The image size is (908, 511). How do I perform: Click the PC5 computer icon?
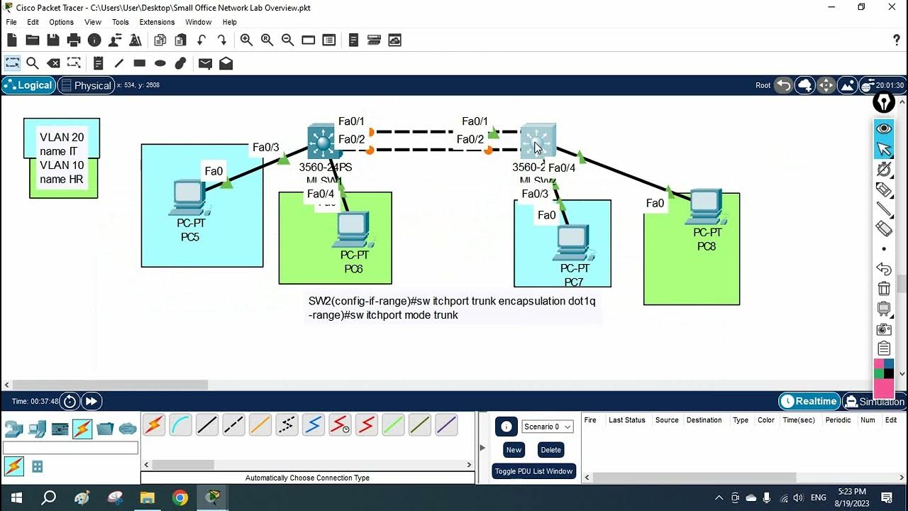[189, 198]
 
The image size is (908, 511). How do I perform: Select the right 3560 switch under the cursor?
[538, 142]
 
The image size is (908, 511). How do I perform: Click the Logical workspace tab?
[28, 85]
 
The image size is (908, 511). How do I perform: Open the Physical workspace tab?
[86, 85]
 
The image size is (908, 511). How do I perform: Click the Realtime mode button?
[809, 401]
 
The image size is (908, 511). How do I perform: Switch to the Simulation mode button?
[875, 401]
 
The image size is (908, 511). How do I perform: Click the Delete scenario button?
[550, 449]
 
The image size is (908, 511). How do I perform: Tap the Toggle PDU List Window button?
[533, 471]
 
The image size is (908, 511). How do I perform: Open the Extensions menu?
[157, 22]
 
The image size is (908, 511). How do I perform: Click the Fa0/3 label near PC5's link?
[266, 148]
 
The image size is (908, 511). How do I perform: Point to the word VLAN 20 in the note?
[62, 138]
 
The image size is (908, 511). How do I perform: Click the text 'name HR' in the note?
[62, 180]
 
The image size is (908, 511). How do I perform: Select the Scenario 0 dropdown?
[548, 427]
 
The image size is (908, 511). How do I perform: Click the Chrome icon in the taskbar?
[180, 498]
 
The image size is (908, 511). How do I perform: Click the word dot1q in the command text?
[582, 301]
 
